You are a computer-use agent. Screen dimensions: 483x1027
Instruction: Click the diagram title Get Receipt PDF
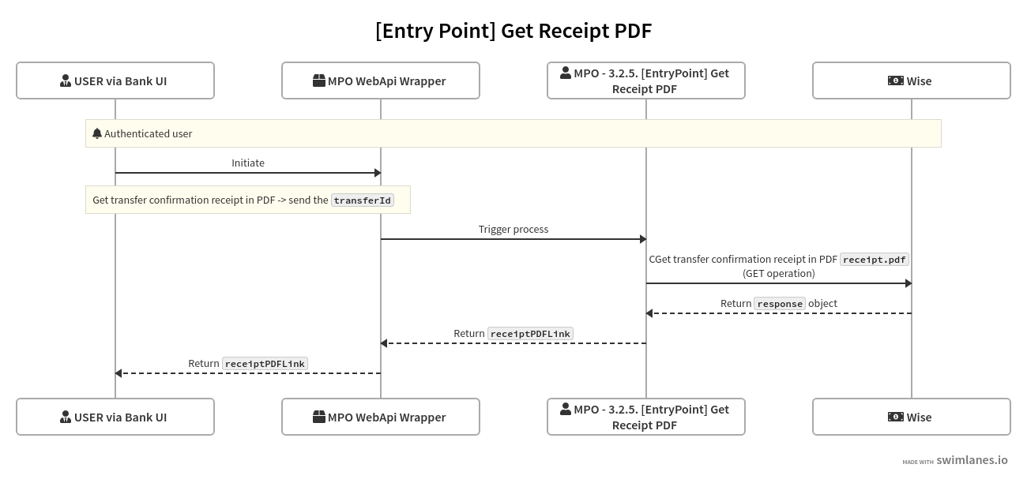tap(513, 31)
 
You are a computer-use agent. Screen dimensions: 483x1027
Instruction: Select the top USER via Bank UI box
tap(115, 80)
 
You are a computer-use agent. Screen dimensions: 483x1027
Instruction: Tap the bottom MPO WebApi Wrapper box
tap(381, 417)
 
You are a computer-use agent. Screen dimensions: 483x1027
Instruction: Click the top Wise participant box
tap(912, 80)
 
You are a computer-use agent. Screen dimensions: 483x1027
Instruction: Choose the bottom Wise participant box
tap(912, 417)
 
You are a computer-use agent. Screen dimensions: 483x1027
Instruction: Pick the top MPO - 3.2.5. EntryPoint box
tap(646, 80)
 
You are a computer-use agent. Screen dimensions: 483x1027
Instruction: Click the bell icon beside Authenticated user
tap(97, 133)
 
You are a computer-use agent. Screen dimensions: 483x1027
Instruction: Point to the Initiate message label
tap(248, 163)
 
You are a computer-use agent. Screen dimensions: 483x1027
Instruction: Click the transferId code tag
tap(363, 200)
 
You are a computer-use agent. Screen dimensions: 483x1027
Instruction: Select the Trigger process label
tap(513, 229)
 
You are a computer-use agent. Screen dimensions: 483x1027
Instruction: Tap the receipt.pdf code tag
tap(875, 260)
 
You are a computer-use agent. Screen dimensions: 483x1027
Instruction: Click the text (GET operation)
tap(779, 273)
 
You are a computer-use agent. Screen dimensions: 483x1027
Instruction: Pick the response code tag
tap(780, 304)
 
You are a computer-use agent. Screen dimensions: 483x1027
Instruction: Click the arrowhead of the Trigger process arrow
tap(642, 239)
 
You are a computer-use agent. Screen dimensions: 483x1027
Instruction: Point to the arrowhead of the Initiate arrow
tap(377, 173)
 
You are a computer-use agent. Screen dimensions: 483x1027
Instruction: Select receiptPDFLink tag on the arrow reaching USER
tap(265, 364)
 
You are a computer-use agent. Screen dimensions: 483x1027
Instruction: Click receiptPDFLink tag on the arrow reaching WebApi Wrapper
tap(530, 334)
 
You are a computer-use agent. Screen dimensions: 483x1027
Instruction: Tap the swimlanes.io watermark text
tap(972, 460)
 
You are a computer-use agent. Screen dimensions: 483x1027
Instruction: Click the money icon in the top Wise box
tap(895, 80)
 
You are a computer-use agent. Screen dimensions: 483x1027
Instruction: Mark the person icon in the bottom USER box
tap(66, 417)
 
